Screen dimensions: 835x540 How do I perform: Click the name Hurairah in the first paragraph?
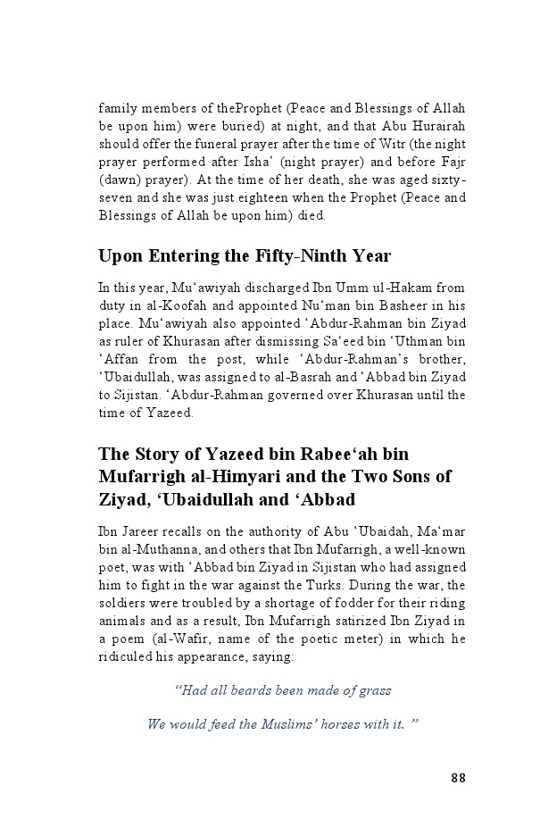[432, 126]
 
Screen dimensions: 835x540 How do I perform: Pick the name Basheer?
[414, 305]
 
